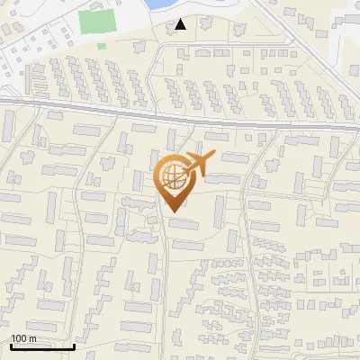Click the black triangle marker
coord(181,24)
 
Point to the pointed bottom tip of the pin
coord(172,211)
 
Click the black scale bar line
coord(42,346)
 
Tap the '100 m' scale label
coord(23,338)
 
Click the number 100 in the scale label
coord(19,338)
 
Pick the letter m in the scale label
coord(31,338)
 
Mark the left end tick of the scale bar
coord(11,345)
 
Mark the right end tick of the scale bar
coord(74,345)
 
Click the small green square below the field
coord(101,45)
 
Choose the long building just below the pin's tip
coord(184,222)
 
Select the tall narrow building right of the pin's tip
coord(219,211)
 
